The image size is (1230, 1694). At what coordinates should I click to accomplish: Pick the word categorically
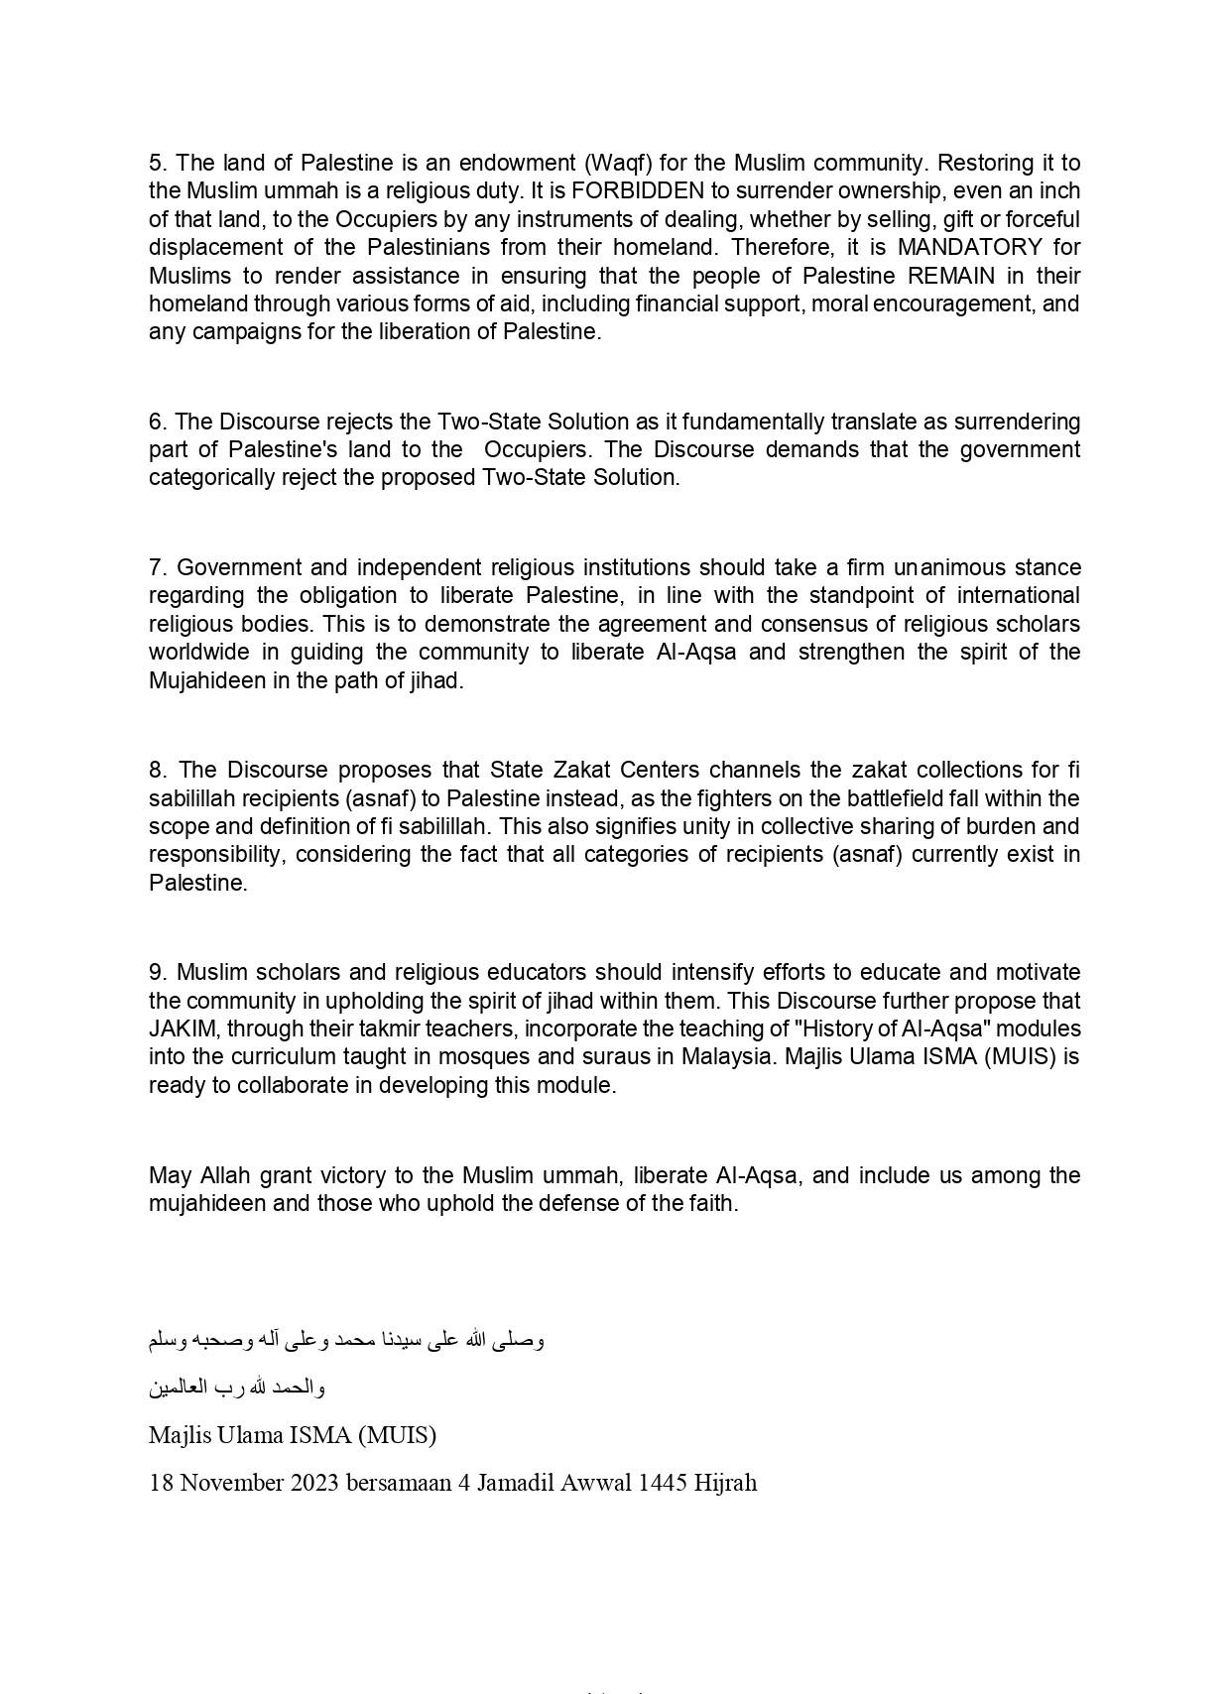pyautogui.click(x=210, y=477)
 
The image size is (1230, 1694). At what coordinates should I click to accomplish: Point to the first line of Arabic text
pyautogui.click(x=346, y=1340)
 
